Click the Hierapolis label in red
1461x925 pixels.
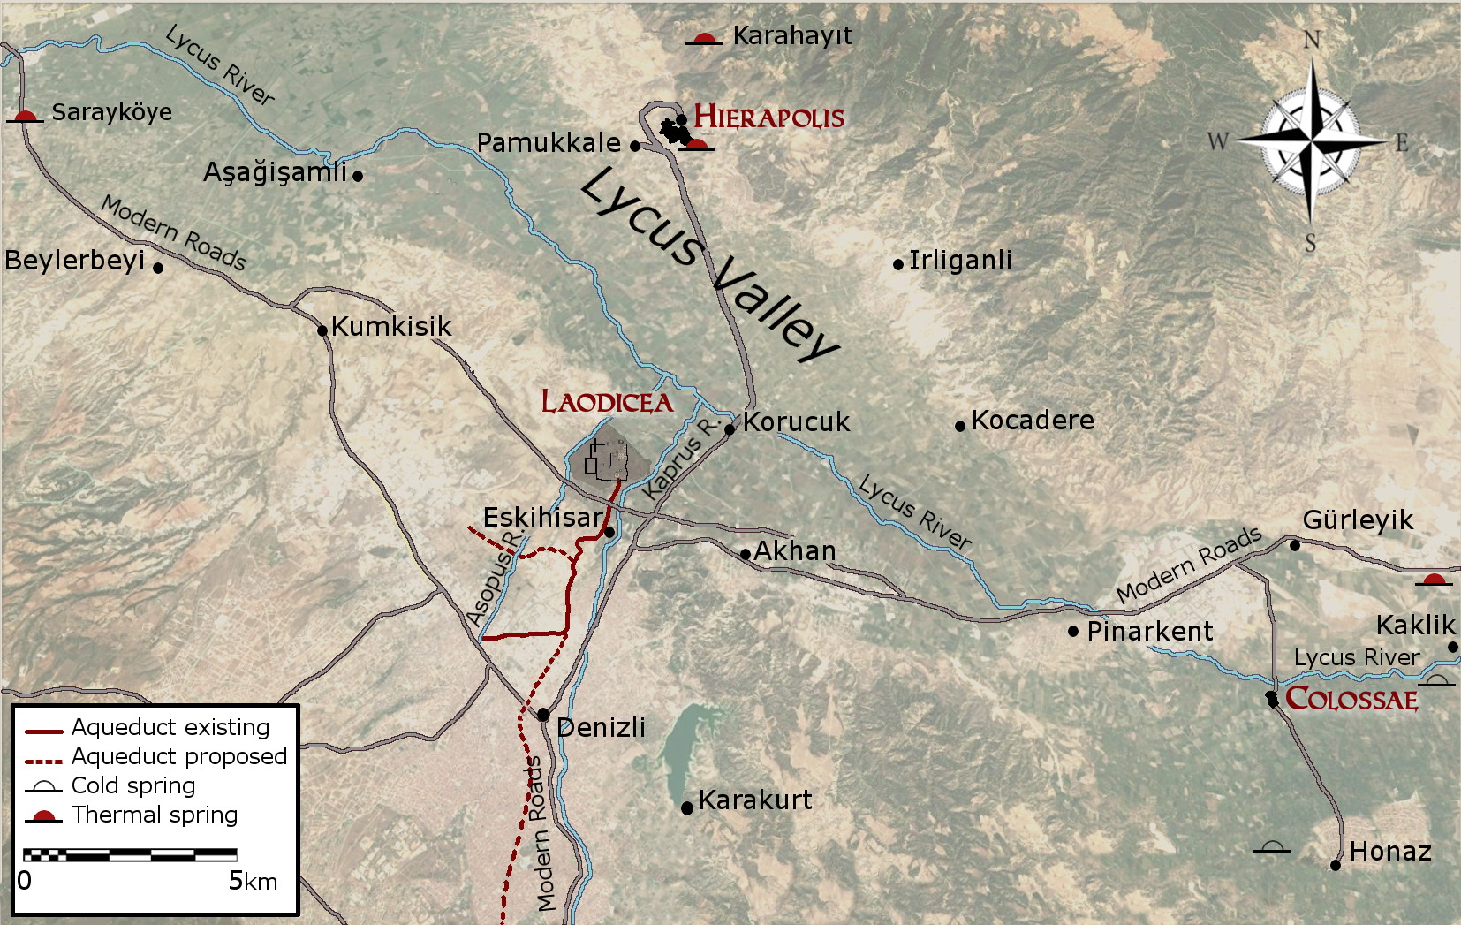768,117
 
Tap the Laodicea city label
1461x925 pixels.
607,402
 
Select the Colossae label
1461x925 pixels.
1351,699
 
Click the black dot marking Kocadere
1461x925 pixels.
960,426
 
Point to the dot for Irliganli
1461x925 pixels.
898,264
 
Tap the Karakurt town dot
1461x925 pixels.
687,807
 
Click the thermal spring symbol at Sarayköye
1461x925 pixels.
25,116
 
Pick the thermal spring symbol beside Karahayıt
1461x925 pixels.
704,39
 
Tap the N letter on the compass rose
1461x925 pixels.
1313,40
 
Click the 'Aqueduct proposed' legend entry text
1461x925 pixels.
179,756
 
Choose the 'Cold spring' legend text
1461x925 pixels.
133,785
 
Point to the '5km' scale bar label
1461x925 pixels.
253,881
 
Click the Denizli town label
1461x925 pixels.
602,728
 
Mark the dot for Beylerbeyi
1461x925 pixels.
158,268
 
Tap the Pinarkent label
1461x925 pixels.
1150,631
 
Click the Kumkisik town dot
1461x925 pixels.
322,331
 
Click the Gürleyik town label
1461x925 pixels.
1358,519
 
